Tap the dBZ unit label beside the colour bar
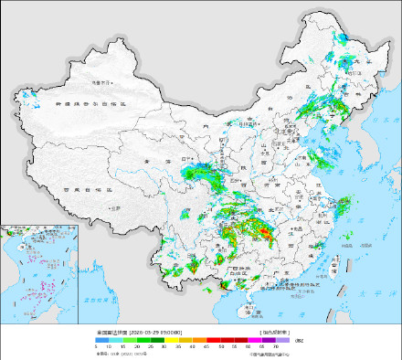[x=301, y=339]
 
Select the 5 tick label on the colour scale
[x=96, y=347]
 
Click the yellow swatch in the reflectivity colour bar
[x=185, y=339]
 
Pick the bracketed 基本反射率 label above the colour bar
[x=277, y=332]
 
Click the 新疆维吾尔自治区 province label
[x=95, y=106]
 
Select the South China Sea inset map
[x=39, y=271]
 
